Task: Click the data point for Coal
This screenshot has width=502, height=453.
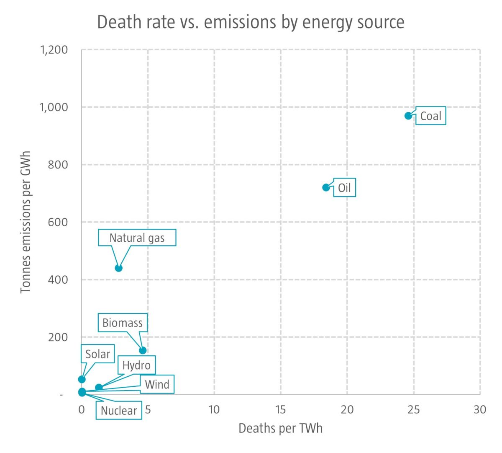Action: point(408,116)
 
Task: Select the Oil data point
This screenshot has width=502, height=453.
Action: point(326,187)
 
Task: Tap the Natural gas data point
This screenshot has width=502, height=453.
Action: point(118,268)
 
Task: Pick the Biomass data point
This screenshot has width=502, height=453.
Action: point(143,350)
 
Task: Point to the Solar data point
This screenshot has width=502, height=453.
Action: point(82,379)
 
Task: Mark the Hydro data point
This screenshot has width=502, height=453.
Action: point(99,387)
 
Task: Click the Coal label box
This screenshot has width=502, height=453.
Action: point(430,116)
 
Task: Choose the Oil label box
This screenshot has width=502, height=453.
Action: point(344,187)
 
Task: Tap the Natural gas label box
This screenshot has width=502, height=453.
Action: point(137,238)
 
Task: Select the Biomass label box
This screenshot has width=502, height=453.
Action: point(123,323)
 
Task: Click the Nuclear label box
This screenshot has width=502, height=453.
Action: point(119,410)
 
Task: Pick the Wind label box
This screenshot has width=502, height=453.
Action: point(157,384)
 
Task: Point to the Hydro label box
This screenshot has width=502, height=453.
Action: point(136,365)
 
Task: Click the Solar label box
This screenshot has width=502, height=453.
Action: point(97,354)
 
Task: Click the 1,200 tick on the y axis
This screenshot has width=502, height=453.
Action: point(54,50)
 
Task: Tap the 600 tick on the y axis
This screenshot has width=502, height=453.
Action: point(58,222)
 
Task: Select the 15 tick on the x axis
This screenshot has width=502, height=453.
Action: point(281,409)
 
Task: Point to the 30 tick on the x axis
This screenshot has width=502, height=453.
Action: point(480,409)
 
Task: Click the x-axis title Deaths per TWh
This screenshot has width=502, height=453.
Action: point(280,428)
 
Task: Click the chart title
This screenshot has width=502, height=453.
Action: point(251,22)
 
